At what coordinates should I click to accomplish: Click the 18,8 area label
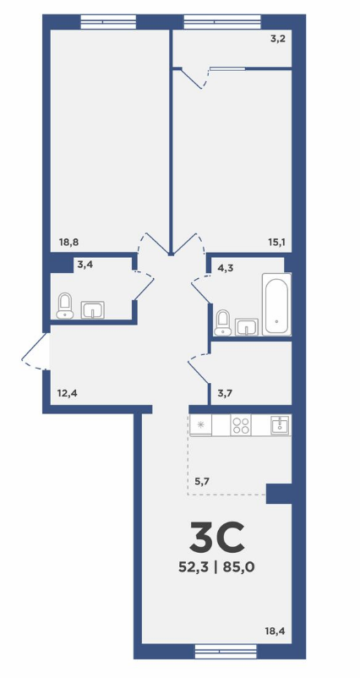(x=68, y=243)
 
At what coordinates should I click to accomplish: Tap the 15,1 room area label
(x=276, y=243)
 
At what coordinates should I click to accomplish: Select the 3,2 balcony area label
(x=278, y=39)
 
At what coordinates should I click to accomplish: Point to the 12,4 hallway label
(x=67, y=393)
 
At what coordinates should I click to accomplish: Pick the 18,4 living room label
(x=275, y=632)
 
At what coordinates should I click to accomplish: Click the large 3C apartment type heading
(x=217, y=538)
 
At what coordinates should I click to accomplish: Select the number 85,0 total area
(x=238, y=567)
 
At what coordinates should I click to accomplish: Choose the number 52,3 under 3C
(x=193, y=567)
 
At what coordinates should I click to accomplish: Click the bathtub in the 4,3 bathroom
(x=276, y=304)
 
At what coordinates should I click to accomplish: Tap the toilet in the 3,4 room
(x=65, y=306)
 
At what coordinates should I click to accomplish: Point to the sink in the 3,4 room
(x=92, y=310)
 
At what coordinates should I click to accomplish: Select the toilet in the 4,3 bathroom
(x=223, y=323)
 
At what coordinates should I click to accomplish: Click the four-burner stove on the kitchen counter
(x=241, y=424)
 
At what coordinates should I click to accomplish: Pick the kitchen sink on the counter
(x=281, y=424)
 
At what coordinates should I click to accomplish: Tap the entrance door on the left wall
(x=36, y=351)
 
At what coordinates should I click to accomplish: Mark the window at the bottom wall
(x=226, y=650)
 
